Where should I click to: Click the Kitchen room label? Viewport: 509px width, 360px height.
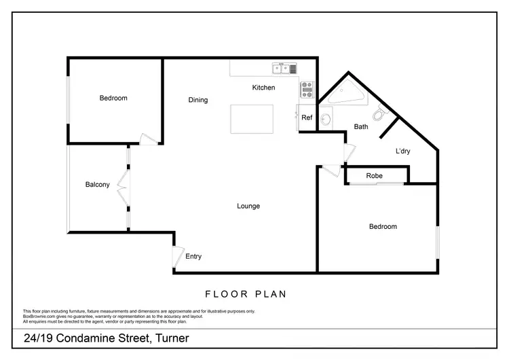click(263, 88)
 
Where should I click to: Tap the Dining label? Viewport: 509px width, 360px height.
click(198, 101)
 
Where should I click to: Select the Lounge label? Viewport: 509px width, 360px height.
click(248, 206)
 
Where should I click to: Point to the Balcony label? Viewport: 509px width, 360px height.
click(97, 184)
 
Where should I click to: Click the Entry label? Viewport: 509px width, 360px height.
click(193, 257)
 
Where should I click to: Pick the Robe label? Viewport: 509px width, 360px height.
click(374, 176)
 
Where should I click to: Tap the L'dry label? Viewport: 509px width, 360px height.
click(403, 151)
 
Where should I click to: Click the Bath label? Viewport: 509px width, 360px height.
click(361, 126)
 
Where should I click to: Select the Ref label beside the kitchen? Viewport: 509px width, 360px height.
click(307, 118)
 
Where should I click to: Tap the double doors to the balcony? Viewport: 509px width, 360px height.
click(124, 184)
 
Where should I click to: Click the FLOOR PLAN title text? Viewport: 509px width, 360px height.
click(245, 294)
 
